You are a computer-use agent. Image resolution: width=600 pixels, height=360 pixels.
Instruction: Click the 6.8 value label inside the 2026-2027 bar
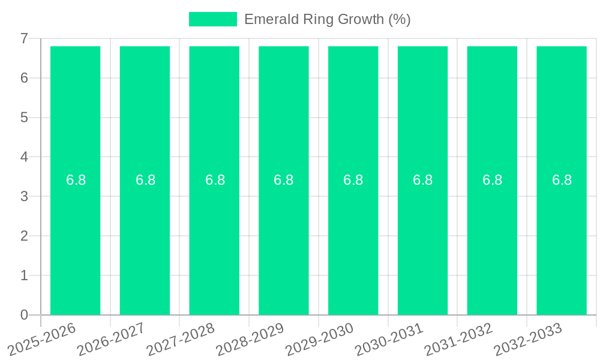pyautogui.click(x=145, y=180)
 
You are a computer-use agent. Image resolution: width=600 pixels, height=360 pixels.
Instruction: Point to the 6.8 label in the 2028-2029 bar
pyautogui.click(x=283, y=180)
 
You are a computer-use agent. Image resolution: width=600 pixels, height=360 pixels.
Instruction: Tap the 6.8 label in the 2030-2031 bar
pyautogui.click(x=422, y=180)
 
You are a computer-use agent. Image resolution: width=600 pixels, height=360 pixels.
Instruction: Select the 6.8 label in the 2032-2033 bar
pyautogui.click(x=562, y=180)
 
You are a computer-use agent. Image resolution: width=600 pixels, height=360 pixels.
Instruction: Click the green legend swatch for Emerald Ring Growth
pyautogui.click(x=212, y=19)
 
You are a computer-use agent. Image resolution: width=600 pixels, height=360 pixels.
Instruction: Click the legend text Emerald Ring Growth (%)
pyautogui.click(x=327, y=19)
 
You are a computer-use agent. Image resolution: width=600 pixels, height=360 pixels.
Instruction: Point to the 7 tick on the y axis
pyautogui.click(x=24, y=38)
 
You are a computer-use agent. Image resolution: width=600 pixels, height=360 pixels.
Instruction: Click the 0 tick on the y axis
pyautogui.click(x=24, y=315)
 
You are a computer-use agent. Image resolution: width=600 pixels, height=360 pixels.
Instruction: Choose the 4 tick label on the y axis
pyautogui.click(x=24, y=157)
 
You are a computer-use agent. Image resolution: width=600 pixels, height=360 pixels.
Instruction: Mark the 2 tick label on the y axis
pyautogui.click(x=24, y=236)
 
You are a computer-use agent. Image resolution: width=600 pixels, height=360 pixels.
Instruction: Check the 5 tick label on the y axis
pyautogui.click(x=24, y=118)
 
